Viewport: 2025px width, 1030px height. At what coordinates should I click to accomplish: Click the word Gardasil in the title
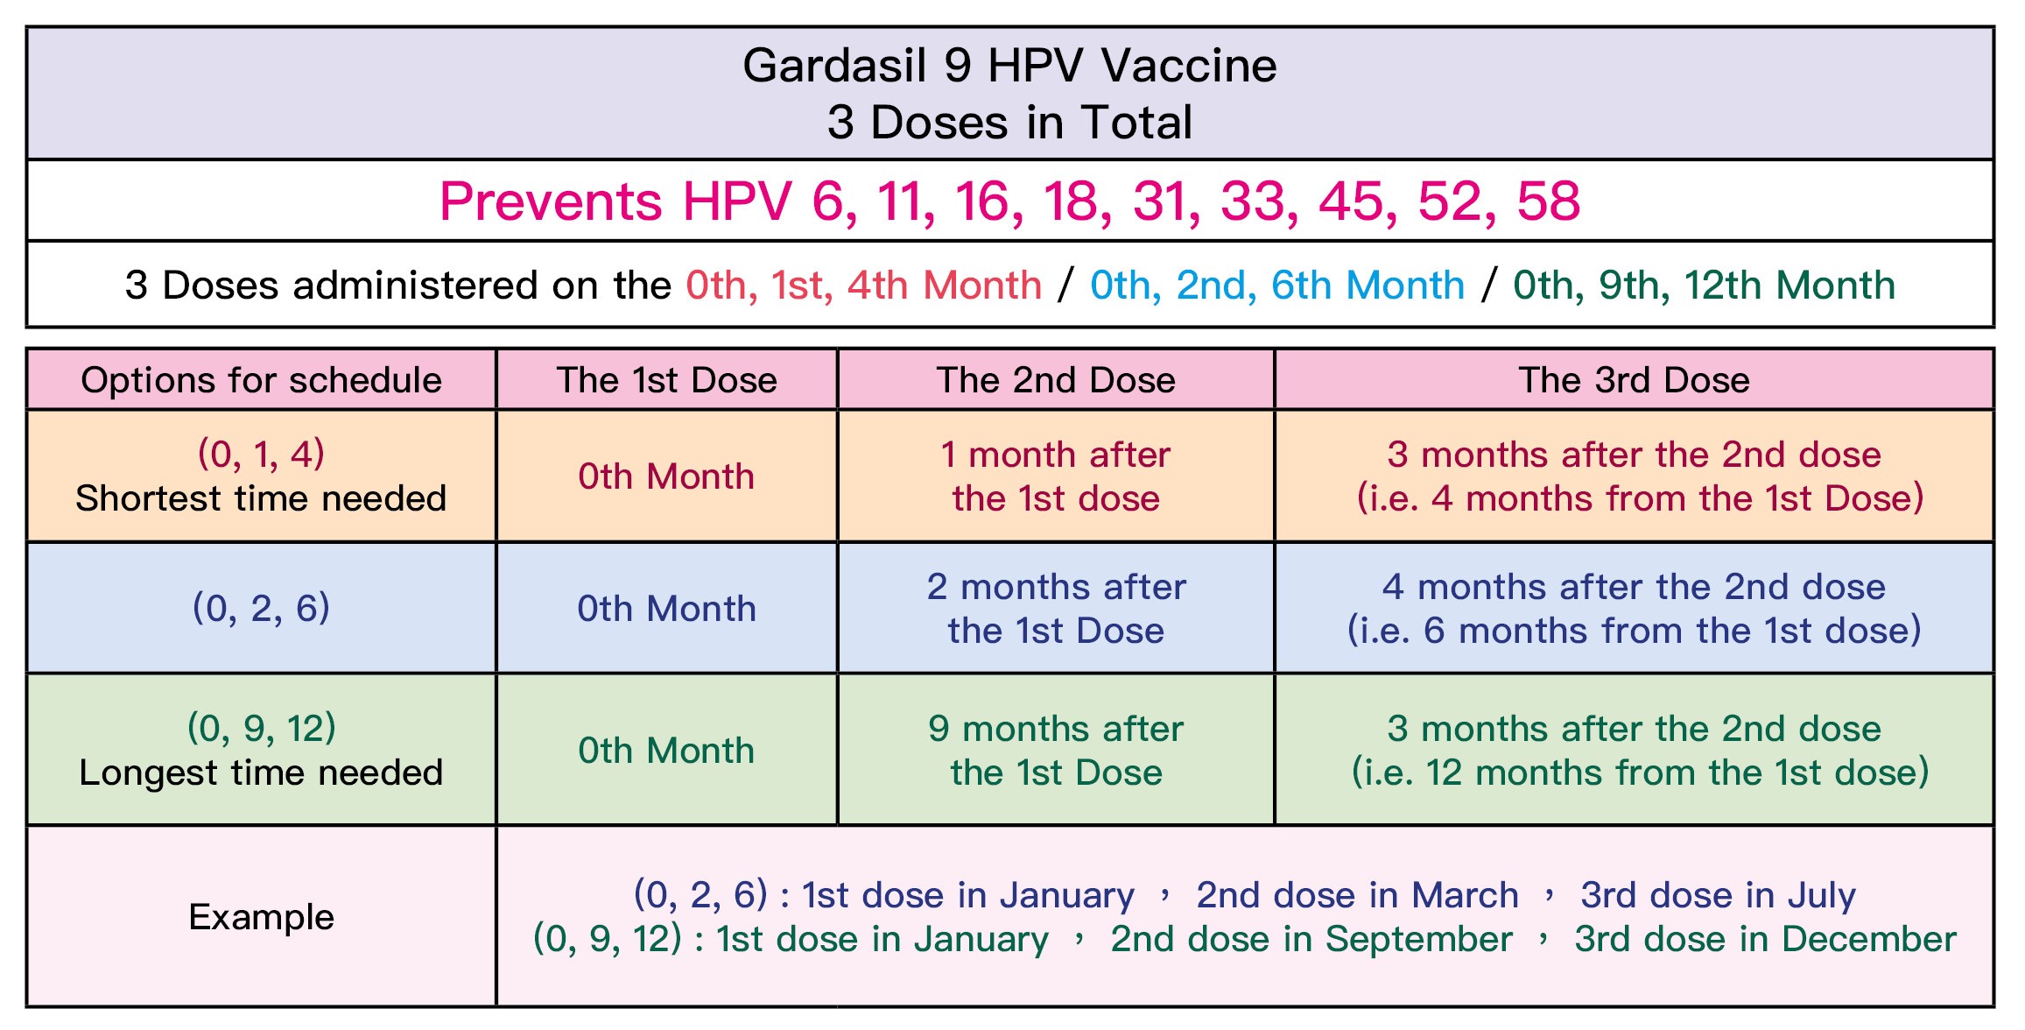[834, 66]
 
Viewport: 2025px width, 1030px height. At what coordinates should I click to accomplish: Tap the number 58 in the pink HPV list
[1549, 201]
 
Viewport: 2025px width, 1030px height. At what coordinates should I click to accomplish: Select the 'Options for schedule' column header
[261, 380]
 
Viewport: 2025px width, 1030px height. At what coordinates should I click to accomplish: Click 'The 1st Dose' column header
[666, 380]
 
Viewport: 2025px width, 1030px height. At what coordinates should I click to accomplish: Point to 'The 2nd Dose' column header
[1056, 380]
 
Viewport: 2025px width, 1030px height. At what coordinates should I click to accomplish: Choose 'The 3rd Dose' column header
[1634, 380]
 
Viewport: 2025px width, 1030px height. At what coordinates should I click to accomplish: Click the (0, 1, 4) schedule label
[261, 454]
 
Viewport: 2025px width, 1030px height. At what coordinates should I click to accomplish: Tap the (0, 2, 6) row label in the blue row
[261, 608]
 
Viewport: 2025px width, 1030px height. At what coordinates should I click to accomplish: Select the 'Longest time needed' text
[261, 772]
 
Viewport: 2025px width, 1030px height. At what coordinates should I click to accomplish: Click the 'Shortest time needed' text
[261, 498]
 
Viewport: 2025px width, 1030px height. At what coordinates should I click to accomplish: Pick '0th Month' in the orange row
[666, 476]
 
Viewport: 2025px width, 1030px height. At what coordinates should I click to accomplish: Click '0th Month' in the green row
[666, 751]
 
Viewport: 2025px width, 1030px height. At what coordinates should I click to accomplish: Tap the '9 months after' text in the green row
[1056, 729]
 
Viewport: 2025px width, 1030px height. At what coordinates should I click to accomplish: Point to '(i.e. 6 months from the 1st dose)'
[1634, 631]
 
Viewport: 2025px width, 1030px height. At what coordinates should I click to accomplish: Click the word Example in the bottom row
[261, 917]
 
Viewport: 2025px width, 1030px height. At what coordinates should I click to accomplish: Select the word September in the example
[1418, 940]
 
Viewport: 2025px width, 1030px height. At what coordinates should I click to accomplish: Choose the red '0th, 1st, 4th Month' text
[863, 286]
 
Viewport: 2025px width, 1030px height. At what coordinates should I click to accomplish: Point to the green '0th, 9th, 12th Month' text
[1704, 286]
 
